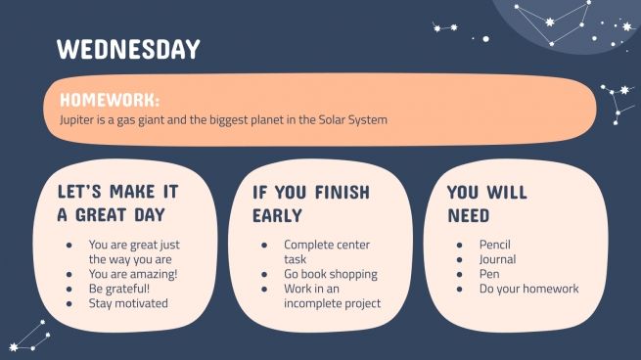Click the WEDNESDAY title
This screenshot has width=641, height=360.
tap(127, 49)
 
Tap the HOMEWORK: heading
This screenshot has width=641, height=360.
tap(109, 100)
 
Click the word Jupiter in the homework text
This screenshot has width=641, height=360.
tap(66, 120)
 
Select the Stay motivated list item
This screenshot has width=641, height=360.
tap(128, 303)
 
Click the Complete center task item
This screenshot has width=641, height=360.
tap(327, 251)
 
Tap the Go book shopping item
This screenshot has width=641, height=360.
tap(331, 274)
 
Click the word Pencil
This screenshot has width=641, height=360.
tap(495, 245)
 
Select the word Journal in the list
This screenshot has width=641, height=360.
tap(498, 259)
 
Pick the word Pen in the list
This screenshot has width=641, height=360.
tap(489, 274)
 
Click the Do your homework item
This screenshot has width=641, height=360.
tap(528, 289)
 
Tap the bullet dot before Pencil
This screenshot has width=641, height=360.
tap(459, 245)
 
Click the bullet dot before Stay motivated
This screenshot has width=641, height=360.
tap(68, 303)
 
